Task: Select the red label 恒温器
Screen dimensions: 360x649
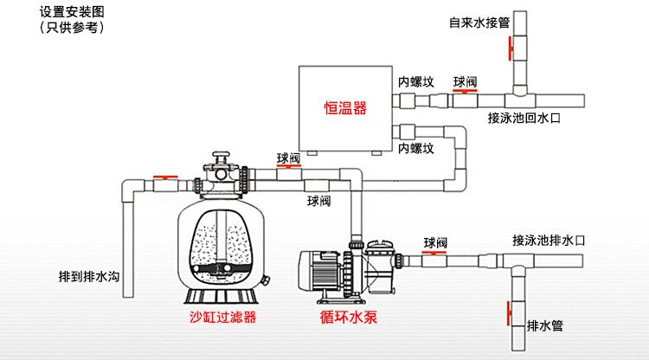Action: [345, 108]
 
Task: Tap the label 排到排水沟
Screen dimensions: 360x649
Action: [88, 276]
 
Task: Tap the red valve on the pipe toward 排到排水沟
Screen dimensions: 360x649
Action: [162, 177]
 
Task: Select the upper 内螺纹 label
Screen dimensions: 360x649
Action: [415, 82]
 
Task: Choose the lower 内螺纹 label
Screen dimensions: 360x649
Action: [415, 148]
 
